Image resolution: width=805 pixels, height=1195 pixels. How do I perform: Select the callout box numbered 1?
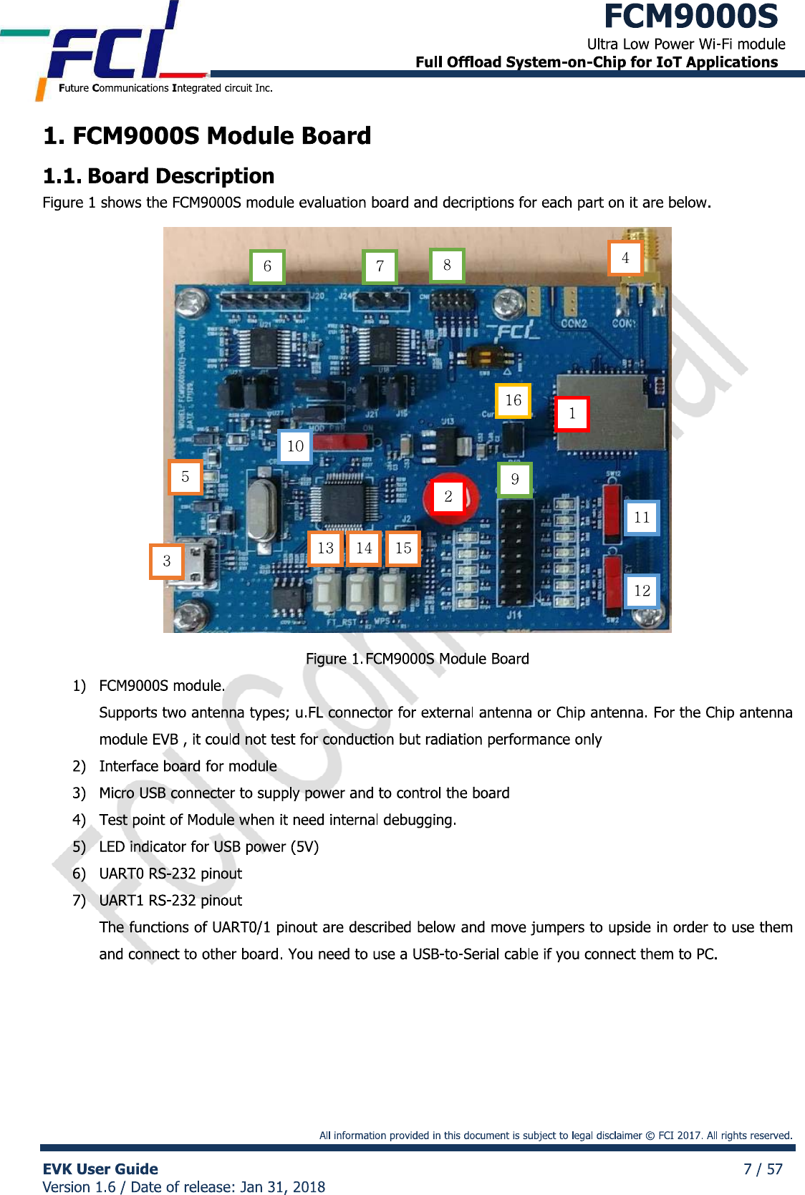(572, 414)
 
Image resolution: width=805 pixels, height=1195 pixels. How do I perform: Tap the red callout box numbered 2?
(448, 496)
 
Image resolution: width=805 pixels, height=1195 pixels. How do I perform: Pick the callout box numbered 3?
(167, 561)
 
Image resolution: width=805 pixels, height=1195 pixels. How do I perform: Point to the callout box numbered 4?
(625, 258)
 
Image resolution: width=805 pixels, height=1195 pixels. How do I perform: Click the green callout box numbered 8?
(447, 266)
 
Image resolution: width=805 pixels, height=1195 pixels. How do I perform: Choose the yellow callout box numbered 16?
(514, 400)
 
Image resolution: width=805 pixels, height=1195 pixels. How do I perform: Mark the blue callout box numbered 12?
(642, 591)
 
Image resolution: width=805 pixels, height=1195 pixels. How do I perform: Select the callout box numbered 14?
(364, 548)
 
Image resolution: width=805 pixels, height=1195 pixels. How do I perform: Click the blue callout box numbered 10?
(295, 447)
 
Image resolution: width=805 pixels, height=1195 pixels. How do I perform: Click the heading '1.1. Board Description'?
(159, 176)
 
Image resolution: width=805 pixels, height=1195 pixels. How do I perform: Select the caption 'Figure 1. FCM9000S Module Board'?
(418, 659)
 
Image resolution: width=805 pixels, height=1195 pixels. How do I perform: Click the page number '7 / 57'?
(763, 1169)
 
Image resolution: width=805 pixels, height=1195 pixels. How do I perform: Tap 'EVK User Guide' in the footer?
(100, 1169)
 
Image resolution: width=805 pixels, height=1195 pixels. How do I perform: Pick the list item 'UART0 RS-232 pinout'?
(170, 874)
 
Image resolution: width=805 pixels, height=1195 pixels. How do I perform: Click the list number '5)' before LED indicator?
(79, 847)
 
